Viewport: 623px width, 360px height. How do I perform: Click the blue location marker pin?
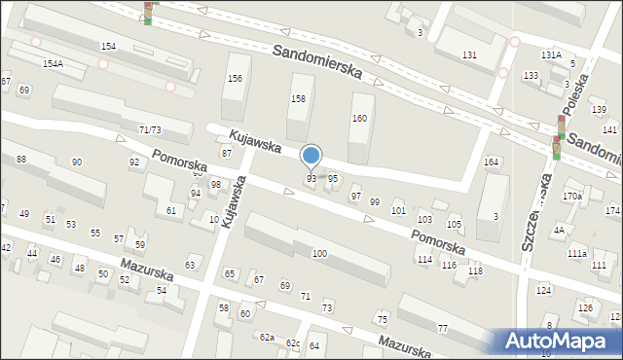point(311,156)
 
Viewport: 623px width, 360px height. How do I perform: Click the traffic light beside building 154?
point(149,12)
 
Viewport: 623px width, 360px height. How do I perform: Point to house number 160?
point(359,119)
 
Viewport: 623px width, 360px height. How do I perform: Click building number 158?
point(299,99)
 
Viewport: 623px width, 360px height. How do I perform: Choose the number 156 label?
point(234,79)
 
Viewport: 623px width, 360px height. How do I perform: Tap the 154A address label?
point(53,63)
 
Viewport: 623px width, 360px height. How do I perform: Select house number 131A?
point(551,55)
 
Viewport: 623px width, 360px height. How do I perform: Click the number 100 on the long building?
point(318,253)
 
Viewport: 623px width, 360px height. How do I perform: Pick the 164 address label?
point(492,162)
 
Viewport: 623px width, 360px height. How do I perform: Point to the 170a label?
point(571,197)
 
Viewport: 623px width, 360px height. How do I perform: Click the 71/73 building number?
point(150,129)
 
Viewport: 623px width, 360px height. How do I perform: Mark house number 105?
point(454,225)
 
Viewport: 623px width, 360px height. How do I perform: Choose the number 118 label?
point(475,271)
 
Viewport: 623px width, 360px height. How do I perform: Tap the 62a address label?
point(266,337)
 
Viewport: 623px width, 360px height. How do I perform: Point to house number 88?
point(21,159)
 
